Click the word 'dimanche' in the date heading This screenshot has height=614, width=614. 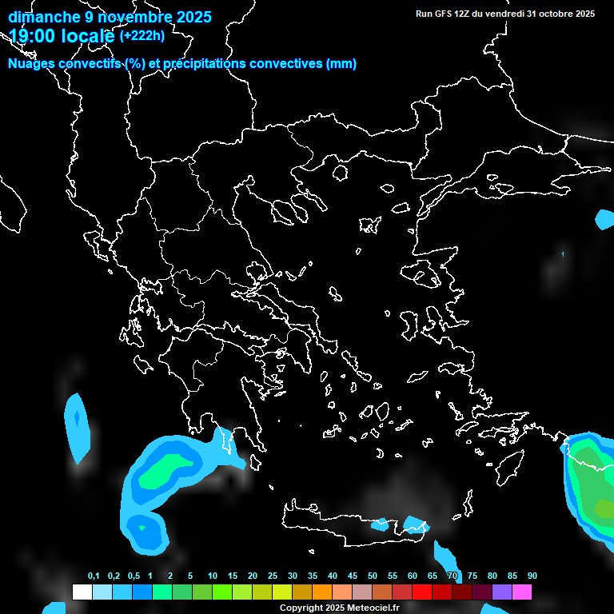click(x=43, y=17)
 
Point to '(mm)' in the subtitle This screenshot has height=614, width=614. click(x=341, y=64)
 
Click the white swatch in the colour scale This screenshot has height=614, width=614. click(x=82, y=592)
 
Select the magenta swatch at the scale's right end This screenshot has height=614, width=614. click(x=522, y=592)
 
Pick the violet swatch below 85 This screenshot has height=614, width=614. click(x=502, y=592)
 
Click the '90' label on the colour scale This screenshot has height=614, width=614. click(x=532, y=576)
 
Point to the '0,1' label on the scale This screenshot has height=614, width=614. click(x=94, y=576)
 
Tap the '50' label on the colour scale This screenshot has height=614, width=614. click(x=373, y=576)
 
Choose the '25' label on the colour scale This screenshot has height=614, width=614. click(x=273, y=576)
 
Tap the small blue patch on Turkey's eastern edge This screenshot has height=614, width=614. click(x=605, y=219)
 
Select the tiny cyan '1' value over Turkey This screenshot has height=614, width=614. click(x=563, y=254)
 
